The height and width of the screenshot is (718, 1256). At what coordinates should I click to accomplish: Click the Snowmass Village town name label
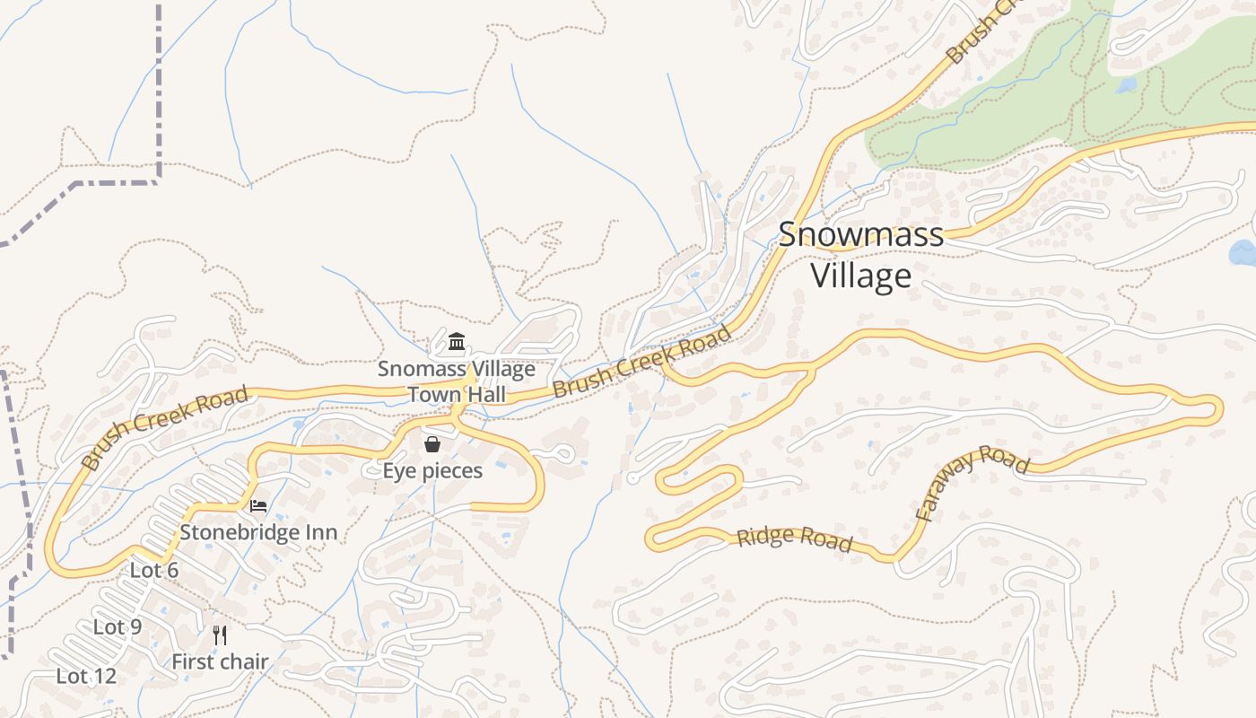860,255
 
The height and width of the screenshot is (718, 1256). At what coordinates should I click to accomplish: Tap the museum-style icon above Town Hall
457,342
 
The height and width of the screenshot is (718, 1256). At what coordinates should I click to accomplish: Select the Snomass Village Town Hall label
456,381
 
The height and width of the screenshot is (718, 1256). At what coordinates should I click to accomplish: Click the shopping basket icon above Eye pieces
432,444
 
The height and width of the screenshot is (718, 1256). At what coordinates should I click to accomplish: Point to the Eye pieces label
432,470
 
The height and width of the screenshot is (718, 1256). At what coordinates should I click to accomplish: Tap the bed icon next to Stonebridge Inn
258,506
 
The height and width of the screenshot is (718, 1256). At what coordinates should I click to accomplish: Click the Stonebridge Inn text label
258,532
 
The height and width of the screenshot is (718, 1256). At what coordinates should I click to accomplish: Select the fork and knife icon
220,635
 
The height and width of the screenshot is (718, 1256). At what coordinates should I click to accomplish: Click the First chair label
220,662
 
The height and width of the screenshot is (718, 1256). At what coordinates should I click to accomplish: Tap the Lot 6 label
154,570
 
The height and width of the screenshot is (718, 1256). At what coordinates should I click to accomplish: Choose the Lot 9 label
118,626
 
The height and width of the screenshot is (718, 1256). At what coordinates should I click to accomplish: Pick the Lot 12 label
86,676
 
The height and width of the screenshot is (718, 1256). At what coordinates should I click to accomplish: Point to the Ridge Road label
794,538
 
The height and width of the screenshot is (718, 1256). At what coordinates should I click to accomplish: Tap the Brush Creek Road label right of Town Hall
642,363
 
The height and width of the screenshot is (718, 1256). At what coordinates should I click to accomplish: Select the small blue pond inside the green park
1127,85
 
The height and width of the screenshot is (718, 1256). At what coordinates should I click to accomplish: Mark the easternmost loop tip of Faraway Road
1219,409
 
